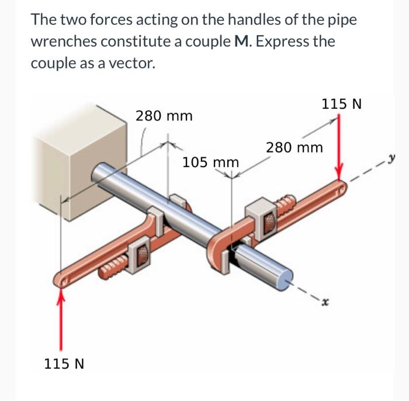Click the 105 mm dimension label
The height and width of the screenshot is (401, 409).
(210, 161)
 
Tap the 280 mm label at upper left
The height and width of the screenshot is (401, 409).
(164, 115)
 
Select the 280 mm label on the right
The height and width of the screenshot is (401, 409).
(294, 147)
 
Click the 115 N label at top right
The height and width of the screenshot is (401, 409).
(342, 104)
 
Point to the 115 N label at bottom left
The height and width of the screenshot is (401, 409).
(64, 364)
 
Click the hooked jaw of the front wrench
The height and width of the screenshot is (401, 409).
(219, 246)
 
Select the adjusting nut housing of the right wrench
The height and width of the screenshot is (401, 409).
(262, 216)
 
